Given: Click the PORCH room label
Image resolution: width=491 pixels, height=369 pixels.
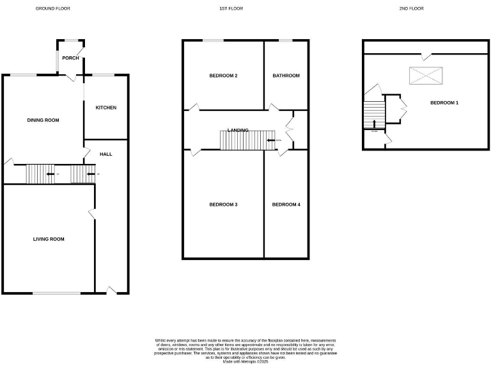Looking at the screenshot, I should click(71, 58).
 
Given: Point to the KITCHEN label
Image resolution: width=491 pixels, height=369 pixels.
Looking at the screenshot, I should click(106, 108).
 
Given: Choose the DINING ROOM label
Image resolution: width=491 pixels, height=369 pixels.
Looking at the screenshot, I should click(43, 120).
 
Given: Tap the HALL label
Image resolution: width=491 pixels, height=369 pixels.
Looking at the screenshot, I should click(105, 154).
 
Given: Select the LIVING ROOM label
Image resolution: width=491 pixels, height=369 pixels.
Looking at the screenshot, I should click(49, 239).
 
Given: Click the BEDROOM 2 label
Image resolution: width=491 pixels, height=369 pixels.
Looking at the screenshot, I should click(223, 76).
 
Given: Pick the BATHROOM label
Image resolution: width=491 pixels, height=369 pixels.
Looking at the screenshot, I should click(286, 76).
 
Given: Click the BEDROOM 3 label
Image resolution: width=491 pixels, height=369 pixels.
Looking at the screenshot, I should click(223, 204).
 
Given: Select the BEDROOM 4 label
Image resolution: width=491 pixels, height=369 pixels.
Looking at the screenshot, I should click(286, 204).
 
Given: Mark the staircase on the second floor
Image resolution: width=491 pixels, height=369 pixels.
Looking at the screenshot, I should click(374, 115).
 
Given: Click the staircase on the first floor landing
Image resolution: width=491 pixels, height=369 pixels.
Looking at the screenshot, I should click(246, 140).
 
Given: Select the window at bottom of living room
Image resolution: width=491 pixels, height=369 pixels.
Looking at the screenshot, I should click(57, 293).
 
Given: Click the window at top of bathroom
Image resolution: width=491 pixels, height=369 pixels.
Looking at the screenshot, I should click(285, 41).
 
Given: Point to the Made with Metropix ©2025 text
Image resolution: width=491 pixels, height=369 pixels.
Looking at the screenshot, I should click(245, 362).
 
